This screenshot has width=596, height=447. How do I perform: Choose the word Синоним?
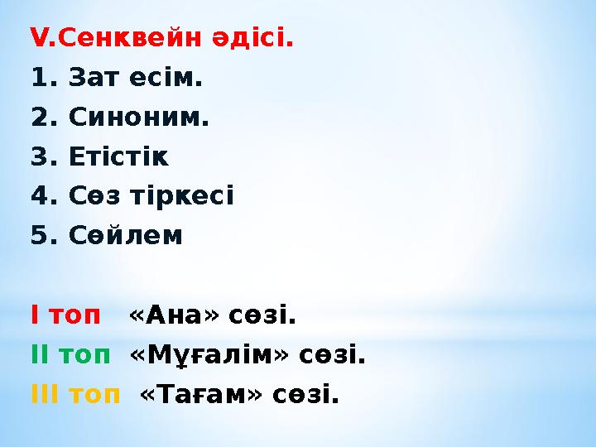(x=138, y=118)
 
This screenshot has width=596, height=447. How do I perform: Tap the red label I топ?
(x=65, y=315)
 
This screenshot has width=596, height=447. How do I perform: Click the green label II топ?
(x=70, y=355)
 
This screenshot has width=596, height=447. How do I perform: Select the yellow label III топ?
(x=74, y=395)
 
